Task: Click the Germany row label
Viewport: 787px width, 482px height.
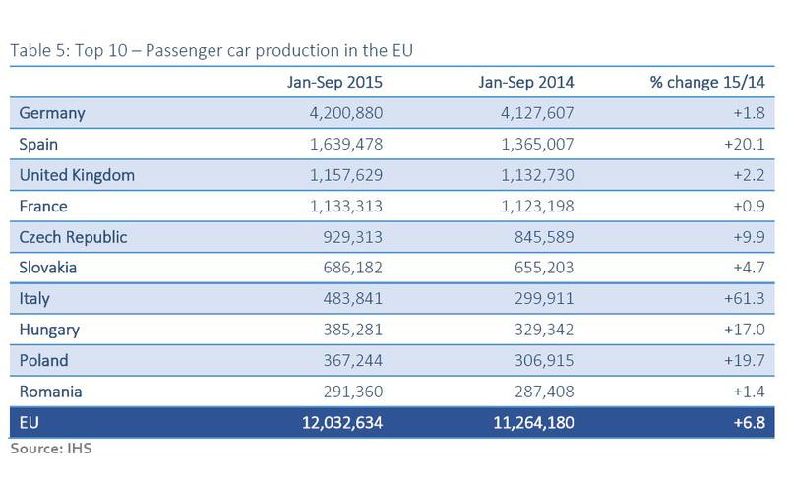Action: tap(52, 113)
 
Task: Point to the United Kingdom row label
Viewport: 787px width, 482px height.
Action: tap(77, 175)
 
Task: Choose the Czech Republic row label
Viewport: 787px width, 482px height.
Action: tap(73, 237)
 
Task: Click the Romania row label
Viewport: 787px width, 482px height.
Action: tap(51, 392)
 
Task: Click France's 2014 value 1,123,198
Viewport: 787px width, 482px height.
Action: tap(527, 206)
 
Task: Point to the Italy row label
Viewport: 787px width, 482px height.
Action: tap(35, 299)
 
